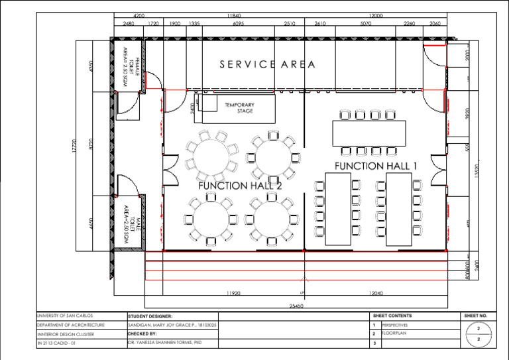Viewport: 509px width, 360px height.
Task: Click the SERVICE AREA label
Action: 268,64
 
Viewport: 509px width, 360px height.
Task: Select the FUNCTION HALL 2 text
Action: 240,186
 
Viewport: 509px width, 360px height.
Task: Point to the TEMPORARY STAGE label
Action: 239,107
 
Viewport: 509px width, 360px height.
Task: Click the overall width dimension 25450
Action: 296,306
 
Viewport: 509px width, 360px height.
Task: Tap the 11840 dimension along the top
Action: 233,15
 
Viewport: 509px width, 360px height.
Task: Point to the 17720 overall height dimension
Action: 74,147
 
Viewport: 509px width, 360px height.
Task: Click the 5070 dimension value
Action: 365,23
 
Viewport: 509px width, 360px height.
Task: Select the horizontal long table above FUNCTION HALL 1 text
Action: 368,133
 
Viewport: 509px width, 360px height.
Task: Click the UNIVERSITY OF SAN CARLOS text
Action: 65,316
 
